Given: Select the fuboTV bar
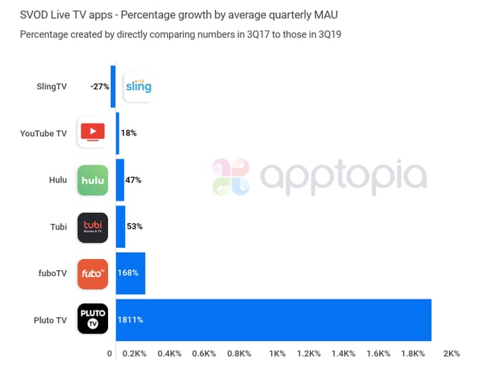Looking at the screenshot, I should (130, 273).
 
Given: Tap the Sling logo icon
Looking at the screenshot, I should (137, 86).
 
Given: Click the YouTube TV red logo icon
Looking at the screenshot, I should (92, 133).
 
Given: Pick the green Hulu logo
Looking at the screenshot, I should (92, 180).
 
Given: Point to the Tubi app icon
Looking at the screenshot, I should (92, 227).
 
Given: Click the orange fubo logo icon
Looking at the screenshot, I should (92, 273).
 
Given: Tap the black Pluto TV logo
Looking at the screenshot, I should (92, 320).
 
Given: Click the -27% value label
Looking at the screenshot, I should (100, 86).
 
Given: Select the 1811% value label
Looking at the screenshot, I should (130, 320).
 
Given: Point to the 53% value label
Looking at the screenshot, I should (134, 226).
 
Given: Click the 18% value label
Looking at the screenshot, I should (128, 133).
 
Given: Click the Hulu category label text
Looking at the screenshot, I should (57, 180).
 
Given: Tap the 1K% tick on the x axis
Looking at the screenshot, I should (278, 353).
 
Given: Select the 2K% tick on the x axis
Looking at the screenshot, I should (451, 353).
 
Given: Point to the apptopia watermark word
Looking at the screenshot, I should (343, 176).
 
